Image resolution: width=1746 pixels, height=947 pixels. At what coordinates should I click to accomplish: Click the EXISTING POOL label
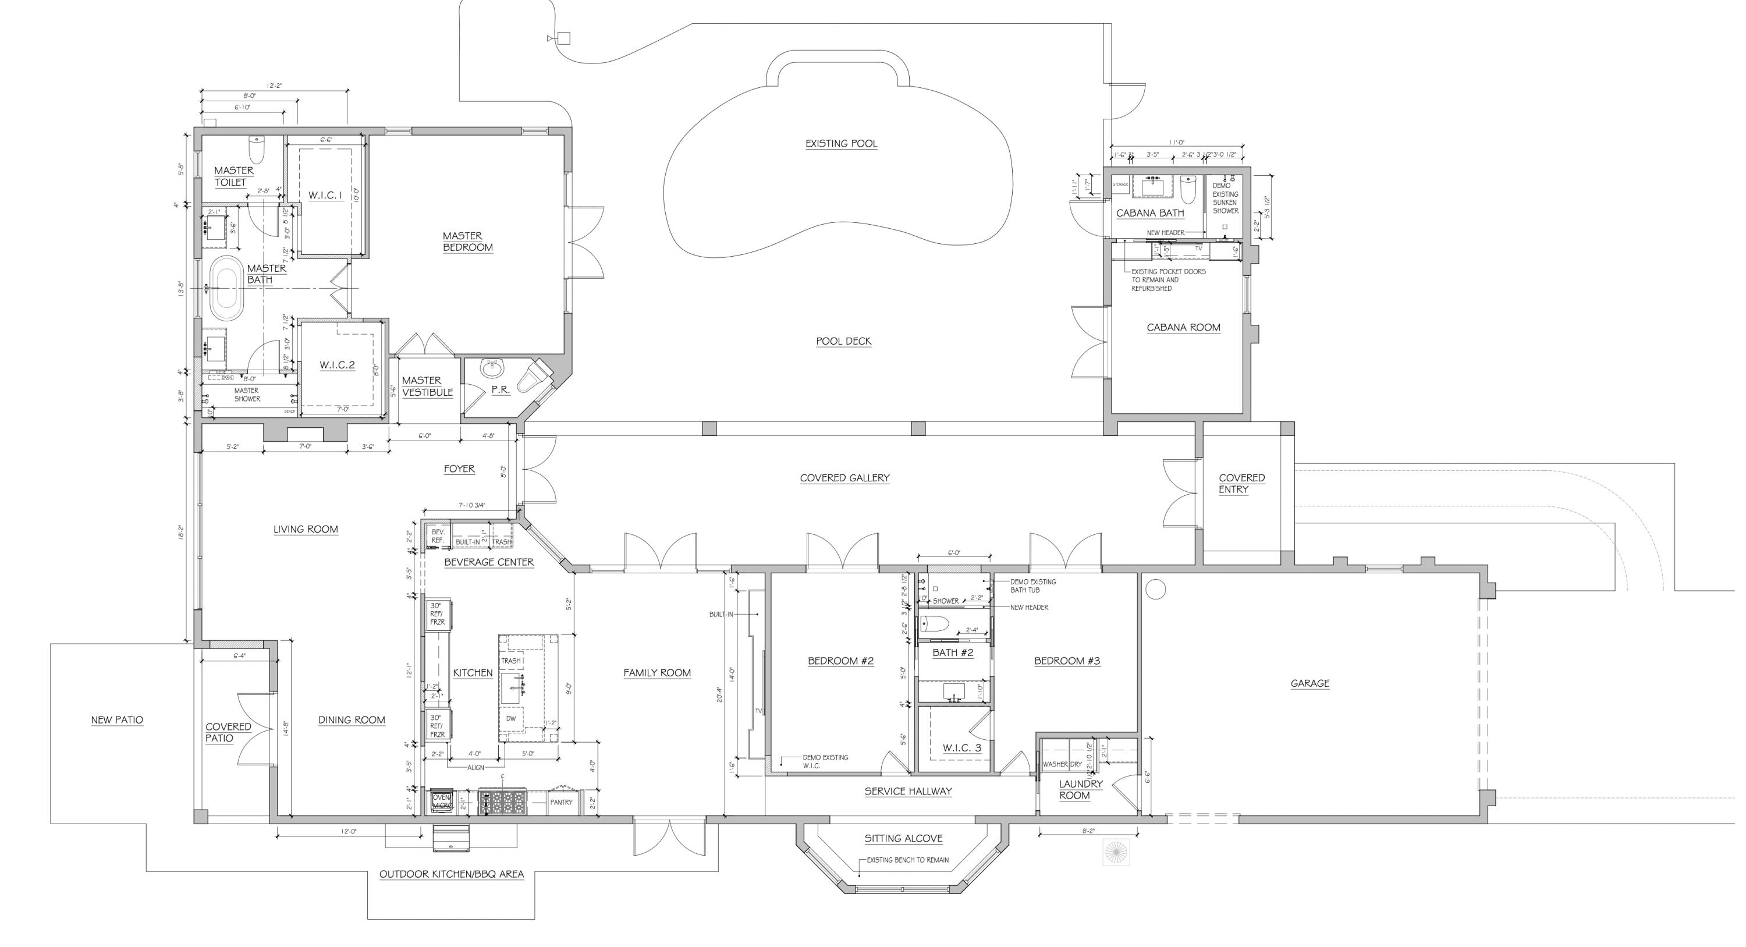(x=841, y=144)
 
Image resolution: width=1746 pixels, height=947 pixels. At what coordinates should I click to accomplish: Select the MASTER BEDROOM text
(x=467, y=242)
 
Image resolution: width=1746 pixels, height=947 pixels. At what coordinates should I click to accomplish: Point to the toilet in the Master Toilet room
(x=257, y=148)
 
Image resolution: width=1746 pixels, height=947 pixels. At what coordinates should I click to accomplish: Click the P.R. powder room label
(x=500, y=391)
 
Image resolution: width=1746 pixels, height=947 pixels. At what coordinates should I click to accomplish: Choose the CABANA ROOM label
(x=1183, y=328)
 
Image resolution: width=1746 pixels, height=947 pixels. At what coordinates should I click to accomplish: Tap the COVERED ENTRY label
(x=1241, y=483)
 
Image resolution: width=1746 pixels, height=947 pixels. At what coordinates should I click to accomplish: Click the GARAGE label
(x=1309, y=683)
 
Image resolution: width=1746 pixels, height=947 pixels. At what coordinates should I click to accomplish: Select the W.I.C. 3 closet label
(x=962, y=749)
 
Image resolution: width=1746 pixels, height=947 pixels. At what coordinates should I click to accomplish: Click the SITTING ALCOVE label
(x=903, y=839)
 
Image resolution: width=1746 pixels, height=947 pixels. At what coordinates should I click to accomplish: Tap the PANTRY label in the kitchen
(x=561, y=803)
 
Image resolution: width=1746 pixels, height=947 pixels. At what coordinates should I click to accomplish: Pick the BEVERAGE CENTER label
(x=489, y=562)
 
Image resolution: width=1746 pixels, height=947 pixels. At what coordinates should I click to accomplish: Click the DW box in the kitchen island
(x=510, y=719)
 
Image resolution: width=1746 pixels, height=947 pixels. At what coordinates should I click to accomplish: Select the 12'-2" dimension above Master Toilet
(x=274, y=86)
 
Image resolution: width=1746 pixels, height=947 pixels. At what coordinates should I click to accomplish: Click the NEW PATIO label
(x=117, y=720)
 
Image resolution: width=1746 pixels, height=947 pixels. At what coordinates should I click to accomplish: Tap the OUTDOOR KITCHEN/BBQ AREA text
(x=452, y=874)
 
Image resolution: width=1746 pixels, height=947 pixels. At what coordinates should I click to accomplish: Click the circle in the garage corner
(x=1155, y=589)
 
